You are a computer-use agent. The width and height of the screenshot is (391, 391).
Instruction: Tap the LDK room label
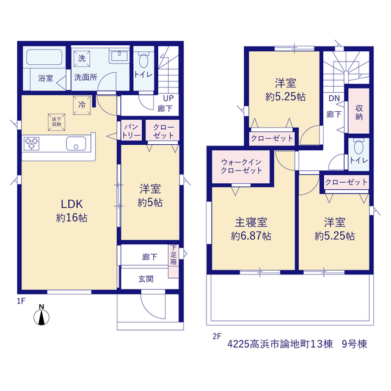click(x=72, y=204)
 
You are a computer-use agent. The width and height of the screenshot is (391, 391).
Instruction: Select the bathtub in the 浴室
click(x=45, y=57)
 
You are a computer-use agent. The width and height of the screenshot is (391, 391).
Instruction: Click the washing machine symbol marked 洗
click(x=82, y=59)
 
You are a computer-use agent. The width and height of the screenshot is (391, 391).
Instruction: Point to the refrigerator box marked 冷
click(x=82, y=105)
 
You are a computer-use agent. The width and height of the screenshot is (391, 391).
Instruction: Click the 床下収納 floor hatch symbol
click(x=57, y=122)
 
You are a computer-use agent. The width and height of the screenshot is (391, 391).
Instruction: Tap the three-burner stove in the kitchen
click(x=31, y=144)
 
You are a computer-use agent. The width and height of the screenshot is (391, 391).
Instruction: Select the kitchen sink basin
click(x=76, y=144)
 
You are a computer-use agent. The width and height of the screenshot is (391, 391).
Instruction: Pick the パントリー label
click(x=131, y=131)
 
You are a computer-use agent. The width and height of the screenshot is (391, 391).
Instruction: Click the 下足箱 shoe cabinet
click(x=174, y=261)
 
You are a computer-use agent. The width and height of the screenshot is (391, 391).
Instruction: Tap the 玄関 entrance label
click(x=146, y=279)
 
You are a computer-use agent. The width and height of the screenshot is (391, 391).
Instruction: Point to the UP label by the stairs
click(x=169, y=98)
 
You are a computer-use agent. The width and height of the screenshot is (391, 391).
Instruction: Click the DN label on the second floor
click(x=334, y=98)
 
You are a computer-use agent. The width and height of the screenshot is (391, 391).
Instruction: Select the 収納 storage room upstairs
click(x=359, y=111)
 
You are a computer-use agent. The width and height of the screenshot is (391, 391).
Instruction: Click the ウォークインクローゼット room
click(x=241, y=166)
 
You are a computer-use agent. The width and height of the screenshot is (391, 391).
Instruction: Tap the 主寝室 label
click(x=251, y=222)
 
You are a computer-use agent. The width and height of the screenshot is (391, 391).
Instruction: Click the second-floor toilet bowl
click(x=359, y=147)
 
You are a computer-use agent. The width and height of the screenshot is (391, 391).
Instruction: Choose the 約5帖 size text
click(x=150, y=203)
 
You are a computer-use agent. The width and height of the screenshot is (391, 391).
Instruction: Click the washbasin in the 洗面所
click(x=120, y=56)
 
